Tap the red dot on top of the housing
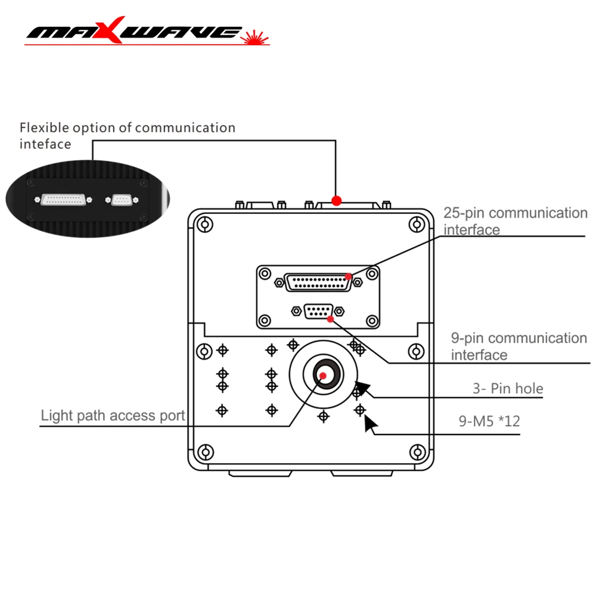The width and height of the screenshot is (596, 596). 337,200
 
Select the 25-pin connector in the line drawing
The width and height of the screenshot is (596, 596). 318,282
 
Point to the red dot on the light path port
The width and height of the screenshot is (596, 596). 322,375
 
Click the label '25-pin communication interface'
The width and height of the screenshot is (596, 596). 515,221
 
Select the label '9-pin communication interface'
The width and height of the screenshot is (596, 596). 519,346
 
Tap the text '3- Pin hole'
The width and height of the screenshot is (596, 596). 508,389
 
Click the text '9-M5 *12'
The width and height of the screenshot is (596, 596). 489,421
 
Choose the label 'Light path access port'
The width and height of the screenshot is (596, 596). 113,415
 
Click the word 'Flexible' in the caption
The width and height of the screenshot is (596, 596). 44,128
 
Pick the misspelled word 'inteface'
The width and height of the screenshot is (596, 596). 45,144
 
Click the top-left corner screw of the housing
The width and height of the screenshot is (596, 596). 204,225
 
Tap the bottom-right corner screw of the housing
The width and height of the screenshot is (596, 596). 416,452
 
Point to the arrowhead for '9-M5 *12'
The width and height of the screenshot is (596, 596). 370,424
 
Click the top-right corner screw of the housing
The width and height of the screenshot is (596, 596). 416,225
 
